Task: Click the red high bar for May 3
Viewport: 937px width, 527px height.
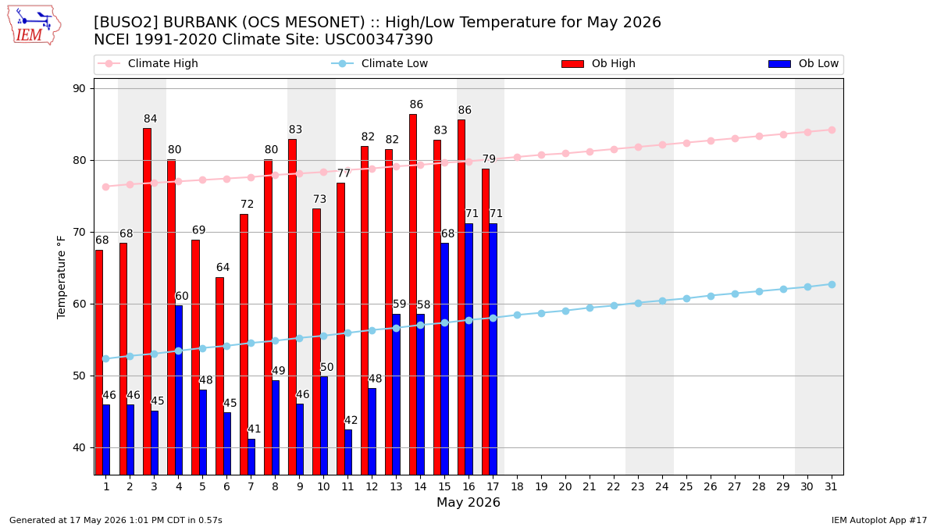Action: click(148, 301)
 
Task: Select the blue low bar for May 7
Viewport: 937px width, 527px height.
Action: click(251, 457)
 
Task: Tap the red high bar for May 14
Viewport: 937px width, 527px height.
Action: click(413, 294)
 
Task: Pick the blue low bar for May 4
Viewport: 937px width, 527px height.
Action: click(179, 390)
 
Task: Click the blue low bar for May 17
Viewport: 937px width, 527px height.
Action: click(493, 349)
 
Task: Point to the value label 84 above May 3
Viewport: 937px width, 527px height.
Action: click(150, 119)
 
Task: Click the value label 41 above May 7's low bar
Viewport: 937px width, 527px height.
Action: click(255, 429)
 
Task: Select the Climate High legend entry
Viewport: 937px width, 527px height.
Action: click(148, 63)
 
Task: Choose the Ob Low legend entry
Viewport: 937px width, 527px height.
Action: click(803, 63)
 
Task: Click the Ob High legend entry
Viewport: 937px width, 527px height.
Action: click(599, 63)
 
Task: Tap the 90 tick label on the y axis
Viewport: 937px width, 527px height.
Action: click(79, 89)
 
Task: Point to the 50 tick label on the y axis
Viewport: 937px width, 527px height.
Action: click(79, 376)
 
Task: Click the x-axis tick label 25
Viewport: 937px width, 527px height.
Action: click(686, 487)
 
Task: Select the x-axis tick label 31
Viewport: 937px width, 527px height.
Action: click(831, 487)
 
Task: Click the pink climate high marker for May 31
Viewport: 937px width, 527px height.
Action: click(832, 130)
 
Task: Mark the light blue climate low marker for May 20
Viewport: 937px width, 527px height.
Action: click(565, 312)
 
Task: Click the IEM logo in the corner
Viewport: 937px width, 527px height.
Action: click(34, 26)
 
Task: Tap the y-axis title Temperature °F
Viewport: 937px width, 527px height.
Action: click(61, 277)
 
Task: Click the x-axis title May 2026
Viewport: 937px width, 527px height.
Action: click(468, 502)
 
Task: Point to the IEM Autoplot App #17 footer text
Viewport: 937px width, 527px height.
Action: click(879, 520)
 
